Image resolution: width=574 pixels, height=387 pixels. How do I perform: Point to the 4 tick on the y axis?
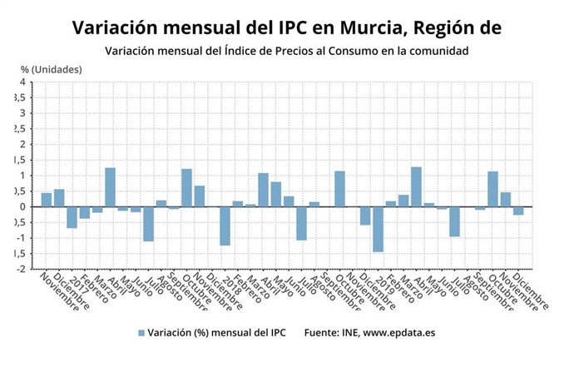tap(22, 82)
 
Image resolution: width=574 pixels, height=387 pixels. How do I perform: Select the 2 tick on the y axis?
tap(22, 144)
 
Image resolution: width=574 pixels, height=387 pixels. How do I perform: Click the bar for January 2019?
tap(378, 229)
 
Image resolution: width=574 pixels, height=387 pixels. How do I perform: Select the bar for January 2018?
tap(225, 226)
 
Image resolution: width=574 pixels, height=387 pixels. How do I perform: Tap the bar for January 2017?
tap(72, 217)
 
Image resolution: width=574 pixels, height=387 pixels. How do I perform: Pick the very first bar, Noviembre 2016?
tap(47, 200)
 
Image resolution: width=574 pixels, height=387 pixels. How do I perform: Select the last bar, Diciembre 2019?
tap(518, 211)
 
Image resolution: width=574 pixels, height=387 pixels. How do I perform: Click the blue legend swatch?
tap(141, 333)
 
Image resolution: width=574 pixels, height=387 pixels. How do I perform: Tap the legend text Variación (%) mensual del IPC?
tap(216, 333)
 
